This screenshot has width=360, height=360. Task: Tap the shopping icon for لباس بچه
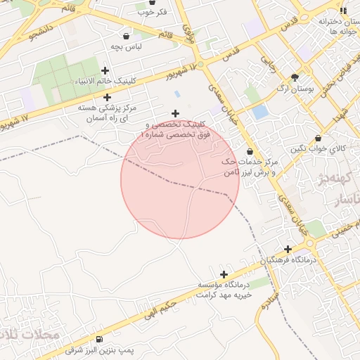click(126, 36)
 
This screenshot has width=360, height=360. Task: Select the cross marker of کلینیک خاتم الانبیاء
click(105, 70)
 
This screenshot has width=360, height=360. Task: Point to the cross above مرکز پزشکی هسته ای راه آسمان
click(107, 98)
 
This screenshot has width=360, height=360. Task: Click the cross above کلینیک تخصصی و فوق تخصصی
click(175, 113)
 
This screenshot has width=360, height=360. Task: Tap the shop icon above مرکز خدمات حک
click(250, 151)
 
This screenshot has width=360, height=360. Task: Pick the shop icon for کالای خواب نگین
click(319, 139)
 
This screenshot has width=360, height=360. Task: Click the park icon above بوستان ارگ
click(295, 77)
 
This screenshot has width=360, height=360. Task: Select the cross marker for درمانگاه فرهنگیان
click(288, 249)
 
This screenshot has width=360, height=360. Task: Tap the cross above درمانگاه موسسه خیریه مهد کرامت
click(224, 274)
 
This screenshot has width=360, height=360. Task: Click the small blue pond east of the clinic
click(260, 111)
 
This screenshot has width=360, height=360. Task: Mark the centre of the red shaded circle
click(180, 179)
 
